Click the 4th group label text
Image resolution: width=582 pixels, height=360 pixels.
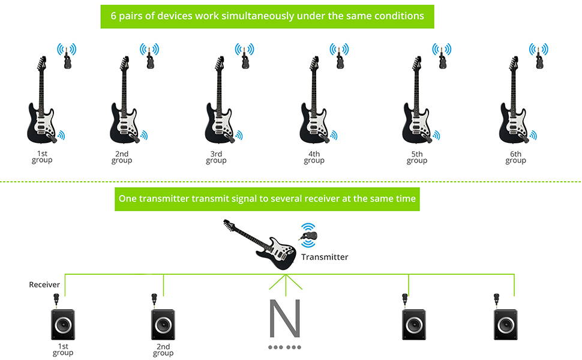click(314, 157)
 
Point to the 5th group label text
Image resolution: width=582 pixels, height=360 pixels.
click(416, 157)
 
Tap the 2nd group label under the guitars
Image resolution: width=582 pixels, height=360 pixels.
click(122, 157)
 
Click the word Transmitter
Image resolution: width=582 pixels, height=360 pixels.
click(325, 257)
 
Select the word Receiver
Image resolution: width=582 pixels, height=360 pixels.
click(44, 284)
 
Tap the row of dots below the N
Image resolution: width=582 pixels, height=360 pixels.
click(284, 347)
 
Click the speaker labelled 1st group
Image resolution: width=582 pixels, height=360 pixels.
click(62, 325)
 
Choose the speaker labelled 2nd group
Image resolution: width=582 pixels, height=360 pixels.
click(163, 325)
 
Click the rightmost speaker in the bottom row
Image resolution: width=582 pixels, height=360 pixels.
click(505, 325)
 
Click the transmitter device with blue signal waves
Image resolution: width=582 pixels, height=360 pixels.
click(309, 236)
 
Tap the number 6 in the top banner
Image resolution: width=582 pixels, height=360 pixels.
click(113, 16)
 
